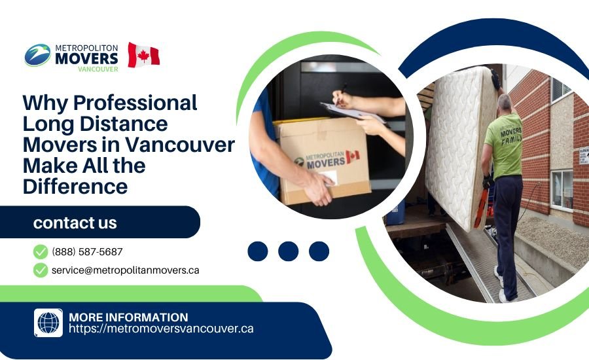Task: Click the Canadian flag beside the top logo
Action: coord(143,55)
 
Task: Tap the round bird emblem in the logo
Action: coord(37,55)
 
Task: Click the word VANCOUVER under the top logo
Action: coord(98,69)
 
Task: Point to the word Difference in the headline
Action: coord(75,186)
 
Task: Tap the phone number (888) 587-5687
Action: coord(87,251)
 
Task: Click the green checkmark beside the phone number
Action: coord(41,251)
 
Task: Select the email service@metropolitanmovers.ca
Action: coord(125,270)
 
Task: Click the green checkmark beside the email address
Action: coord(41,270)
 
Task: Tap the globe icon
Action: coord(48,323)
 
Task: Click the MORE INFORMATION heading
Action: coord(128,317)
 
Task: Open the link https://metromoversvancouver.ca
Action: coord(161,329)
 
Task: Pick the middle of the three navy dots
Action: coord(288,251)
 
